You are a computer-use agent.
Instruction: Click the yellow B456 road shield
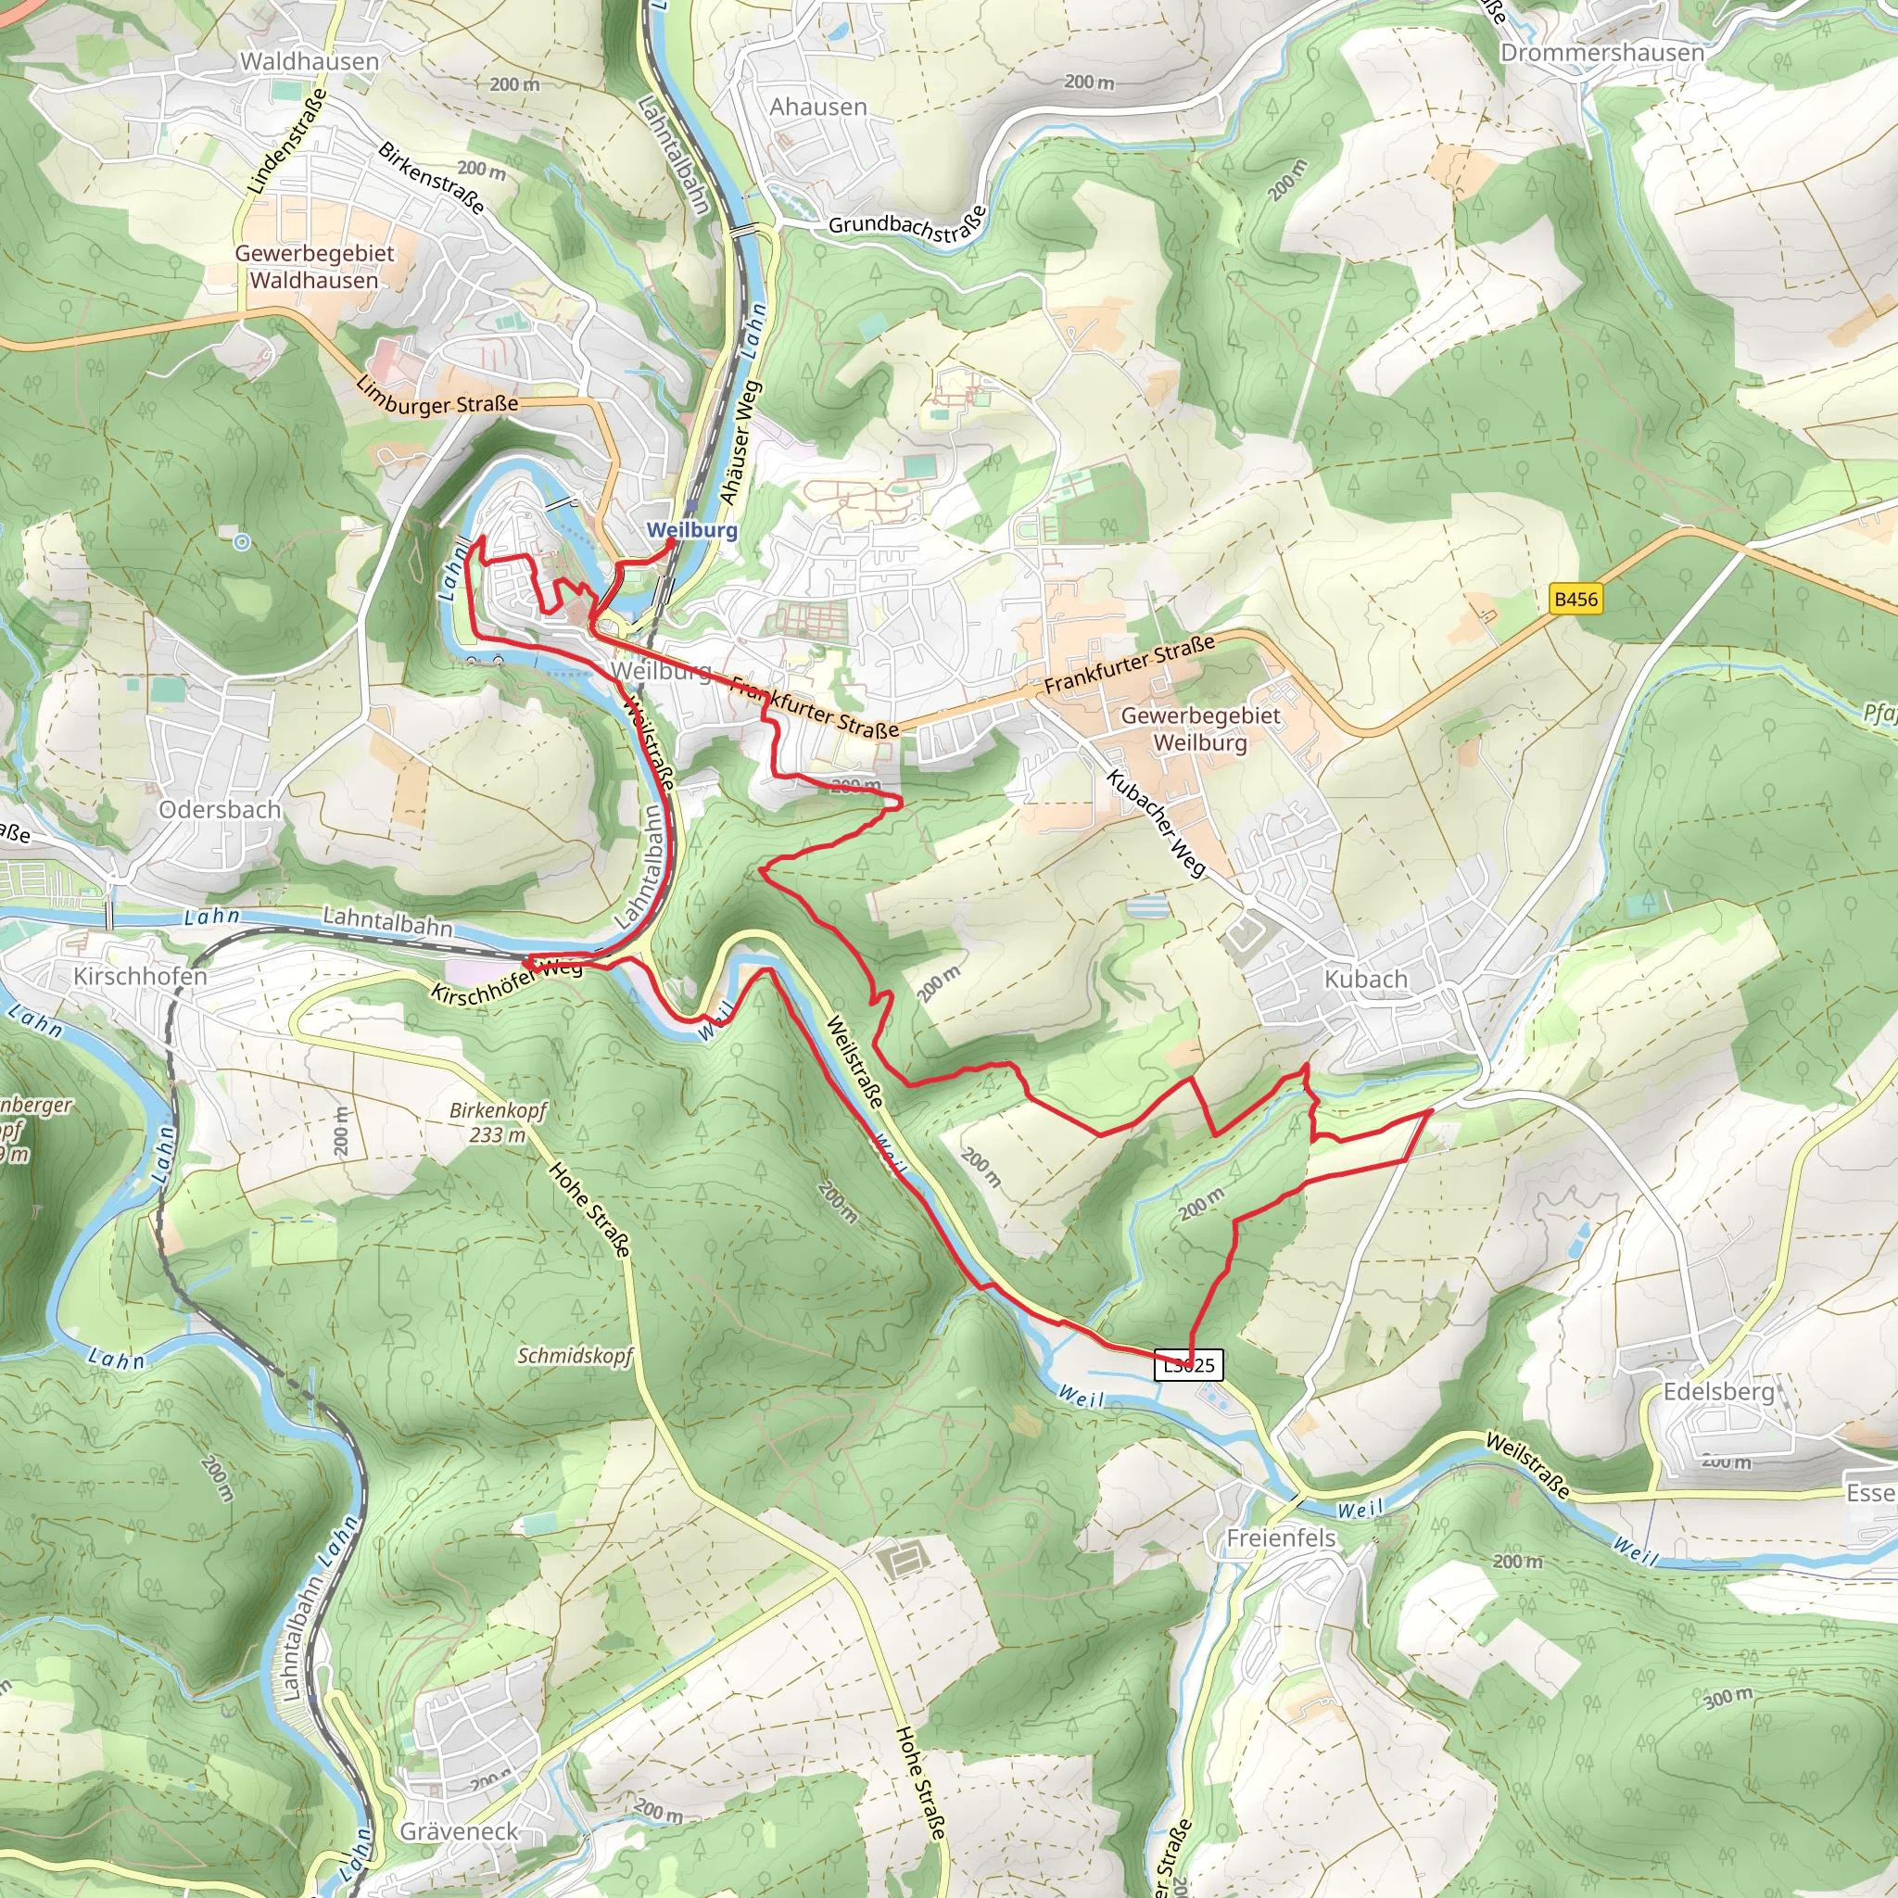(1575, 600)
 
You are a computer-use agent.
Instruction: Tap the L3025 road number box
(1189, 1365)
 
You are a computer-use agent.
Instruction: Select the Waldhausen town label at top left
(310, 62)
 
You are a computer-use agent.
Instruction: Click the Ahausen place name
(818, 108)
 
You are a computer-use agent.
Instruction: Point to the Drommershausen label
(1601, 53)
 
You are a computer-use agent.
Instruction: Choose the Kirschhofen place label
(141, 977)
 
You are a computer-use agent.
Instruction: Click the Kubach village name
(1365, 980)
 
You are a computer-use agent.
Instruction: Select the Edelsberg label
(1719, 1392)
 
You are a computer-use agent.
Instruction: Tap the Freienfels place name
(1281, 1538)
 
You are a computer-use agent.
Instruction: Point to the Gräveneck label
(459, 1832)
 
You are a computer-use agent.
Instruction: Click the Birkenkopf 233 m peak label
(498, 1123)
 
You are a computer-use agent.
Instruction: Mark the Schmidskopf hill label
(576, 1356)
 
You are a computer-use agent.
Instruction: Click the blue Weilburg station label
(691, 530)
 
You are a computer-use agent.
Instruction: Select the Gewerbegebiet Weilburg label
(1200, 729)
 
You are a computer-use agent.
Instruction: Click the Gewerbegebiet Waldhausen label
(314, 267)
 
